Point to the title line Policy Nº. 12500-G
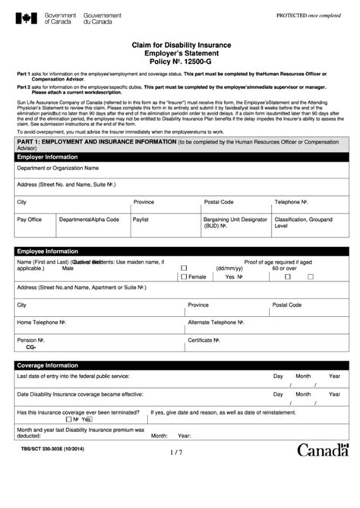tap(180, 63)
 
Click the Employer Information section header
tap(47, 156)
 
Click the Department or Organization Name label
tap(58, 167)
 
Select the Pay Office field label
tap(30, 219)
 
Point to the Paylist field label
tap(141, 219)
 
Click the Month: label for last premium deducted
tap(159, 436)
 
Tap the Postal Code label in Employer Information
tap(219, 202)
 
